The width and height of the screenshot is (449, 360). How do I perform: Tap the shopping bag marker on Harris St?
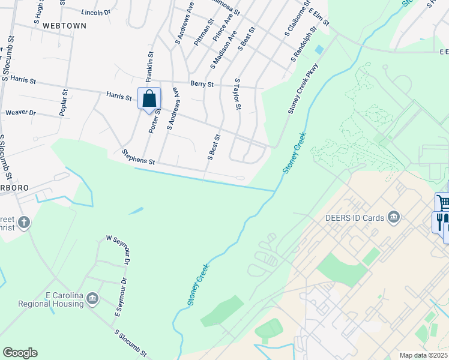click(149, 98)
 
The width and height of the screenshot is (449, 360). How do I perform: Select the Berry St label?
click(202, 85)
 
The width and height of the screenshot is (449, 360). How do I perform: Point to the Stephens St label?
click(139, 158)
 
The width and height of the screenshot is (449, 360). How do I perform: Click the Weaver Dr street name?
click(20, 113)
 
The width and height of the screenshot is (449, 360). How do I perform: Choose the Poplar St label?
click(62, 103)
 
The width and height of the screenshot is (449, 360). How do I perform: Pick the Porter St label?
click(155, 120)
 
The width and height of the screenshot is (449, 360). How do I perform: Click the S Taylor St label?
click(238, 94)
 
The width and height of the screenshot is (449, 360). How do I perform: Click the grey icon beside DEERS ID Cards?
click(394, 217)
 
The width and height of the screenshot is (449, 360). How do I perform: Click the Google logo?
click(20, 353)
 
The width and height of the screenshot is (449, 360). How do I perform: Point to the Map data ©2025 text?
click(423, 355)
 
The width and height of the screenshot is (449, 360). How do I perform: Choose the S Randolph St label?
click(304, 44)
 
